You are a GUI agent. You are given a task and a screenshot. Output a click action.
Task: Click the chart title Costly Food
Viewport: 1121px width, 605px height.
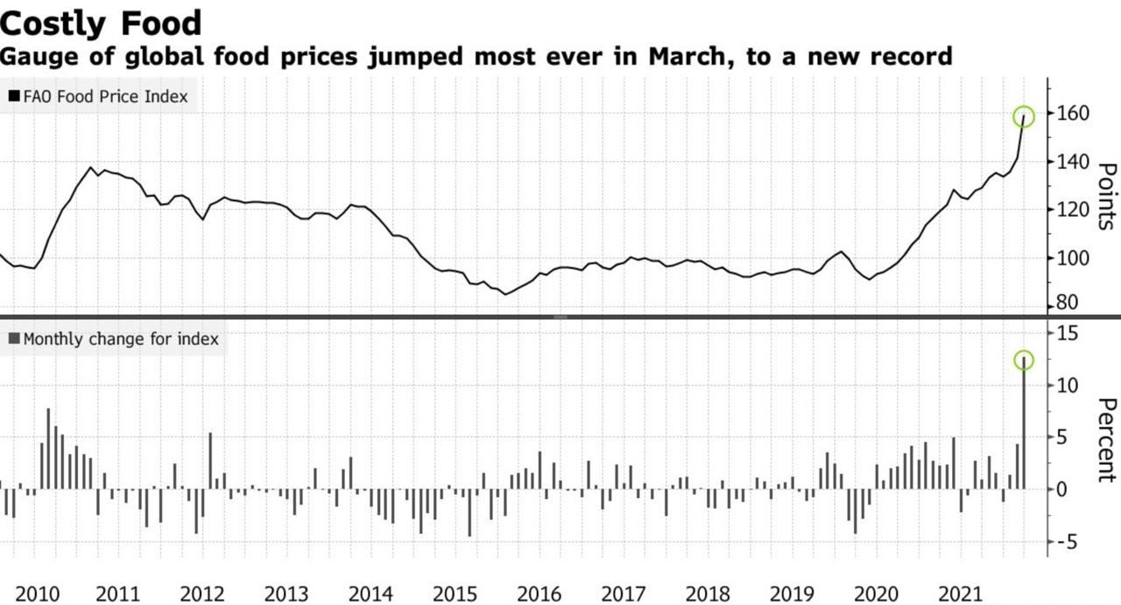click(x=102, y=22)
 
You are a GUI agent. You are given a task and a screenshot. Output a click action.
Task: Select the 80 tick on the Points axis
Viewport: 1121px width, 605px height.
click(x=1066, y=304)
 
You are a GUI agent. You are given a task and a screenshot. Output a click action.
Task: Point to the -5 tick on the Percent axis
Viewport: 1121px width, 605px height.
click(x=1064, y=542)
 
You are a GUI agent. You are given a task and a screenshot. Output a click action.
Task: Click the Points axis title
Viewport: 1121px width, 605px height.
click(x=1105, y=196)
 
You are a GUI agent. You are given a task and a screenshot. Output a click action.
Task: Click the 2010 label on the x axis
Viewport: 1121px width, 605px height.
click(x=39, y=594)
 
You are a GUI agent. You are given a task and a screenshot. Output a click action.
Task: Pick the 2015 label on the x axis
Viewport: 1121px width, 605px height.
click(x=455, y=594)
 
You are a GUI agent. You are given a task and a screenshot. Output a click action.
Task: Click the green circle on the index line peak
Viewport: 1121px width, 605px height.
click(x=1024, y=116)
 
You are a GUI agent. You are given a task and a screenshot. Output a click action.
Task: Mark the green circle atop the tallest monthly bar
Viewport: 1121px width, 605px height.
click(x=1024, y=360)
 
